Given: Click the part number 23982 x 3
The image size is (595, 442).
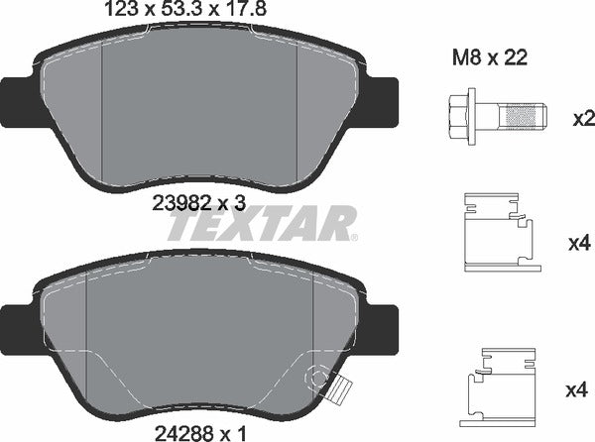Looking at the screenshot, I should point(199,203).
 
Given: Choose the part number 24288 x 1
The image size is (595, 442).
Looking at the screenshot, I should point(198,432).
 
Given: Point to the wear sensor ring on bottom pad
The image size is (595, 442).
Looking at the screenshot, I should point(318,378).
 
